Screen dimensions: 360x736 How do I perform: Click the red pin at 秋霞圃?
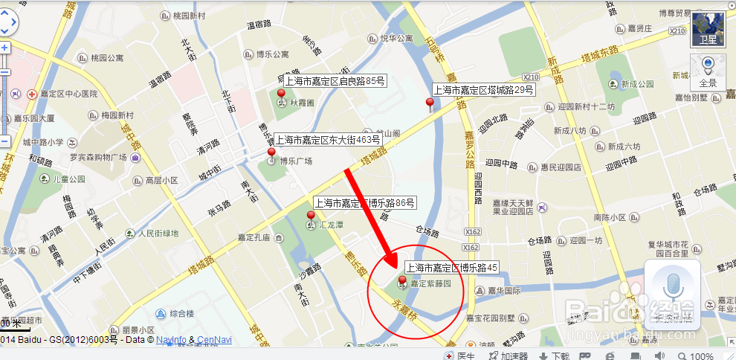281,94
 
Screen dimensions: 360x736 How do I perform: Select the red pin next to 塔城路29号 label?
429,103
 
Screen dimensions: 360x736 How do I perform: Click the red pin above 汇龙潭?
311,216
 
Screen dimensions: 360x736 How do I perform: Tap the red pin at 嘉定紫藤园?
402,281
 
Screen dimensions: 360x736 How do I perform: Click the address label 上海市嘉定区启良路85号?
335,80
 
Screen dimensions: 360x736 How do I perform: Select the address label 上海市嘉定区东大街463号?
328,139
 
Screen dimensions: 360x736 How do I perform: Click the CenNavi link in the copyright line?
215,340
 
